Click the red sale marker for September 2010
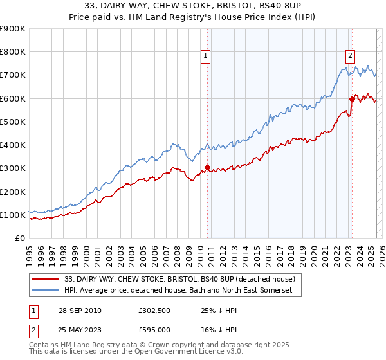207,168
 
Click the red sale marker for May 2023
352,99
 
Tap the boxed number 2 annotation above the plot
350,56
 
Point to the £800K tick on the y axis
12,52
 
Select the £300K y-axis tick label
12,168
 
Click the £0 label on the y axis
20,239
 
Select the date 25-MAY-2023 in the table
78,330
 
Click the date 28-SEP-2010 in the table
78,310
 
